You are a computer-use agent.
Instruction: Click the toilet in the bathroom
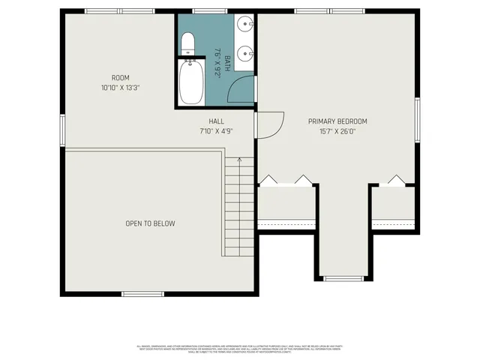pos(188,43)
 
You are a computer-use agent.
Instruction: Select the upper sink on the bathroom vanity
pos(244,24)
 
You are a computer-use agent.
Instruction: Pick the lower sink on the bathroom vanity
pos(244,53)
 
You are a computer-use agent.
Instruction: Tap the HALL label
pos(216,121)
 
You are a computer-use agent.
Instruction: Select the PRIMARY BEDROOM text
pos(337,121)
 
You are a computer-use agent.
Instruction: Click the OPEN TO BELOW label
pos(151,223)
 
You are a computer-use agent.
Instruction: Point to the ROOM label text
pos(121,78)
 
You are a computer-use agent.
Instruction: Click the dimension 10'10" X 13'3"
pos(121,88)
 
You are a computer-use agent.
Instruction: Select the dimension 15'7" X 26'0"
pos(337,130)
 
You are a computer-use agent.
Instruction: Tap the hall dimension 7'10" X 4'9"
pos(216,130)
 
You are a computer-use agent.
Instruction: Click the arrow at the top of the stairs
pos(239,160)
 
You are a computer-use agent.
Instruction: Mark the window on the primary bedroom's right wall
pos(418,119)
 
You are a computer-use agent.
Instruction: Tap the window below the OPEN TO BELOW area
pos(138,293)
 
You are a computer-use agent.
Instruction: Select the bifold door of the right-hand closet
pos(394,180)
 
